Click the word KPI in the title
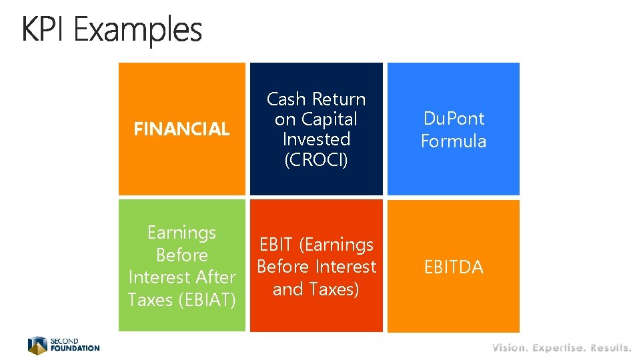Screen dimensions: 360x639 coord(45,30)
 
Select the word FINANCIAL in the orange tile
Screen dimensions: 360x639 coord(181,129)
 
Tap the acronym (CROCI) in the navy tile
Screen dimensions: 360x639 coord(316,160)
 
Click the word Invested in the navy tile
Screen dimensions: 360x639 coord(316,139)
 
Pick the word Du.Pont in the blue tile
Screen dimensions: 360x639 coord(454,119)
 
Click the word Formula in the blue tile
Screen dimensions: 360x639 coord(454,141)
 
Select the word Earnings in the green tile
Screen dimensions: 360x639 coord(181,233)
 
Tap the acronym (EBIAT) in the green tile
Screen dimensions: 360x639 coord(206,300)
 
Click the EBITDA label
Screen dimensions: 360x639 coord(454,267)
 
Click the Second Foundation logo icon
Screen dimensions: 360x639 coord(37,345)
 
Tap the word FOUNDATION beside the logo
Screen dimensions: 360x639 coord(75,348)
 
